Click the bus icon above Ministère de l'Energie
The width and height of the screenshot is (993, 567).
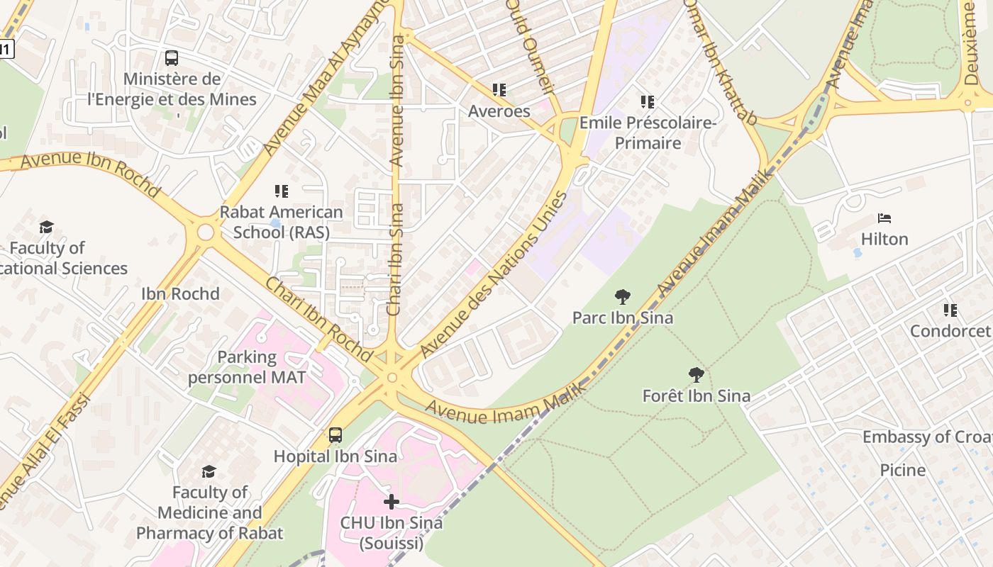point(171,58)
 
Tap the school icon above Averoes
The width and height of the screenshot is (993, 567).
point(499,90)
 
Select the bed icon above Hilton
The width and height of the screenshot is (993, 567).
point(884,218)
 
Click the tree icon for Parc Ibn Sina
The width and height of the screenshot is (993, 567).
point(623,297)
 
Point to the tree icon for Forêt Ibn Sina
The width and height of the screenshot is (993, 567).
point(697,375)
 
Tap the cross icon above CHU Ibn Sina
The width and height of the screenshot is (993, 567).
point(391,502)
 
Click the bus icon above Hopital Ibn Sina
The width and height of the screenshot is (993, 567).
point(335,435)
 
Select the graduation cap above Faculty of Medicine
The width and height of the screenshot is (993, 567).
point(209,471)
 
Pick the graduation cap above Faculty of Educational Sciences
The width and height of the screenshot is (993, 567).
point(47,227)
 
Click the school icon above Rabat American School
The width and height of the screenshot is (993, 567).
point(282,191)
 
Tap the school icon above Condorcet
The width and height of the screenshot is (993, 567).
point(950,310)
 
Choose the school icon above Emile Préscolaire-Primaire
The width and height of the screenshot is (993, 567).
point(648,102)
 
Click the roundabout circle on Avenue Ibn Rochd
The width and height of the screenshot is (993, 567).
point(206,232)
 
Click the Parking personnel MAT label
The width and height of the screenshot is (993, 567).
point(247,367)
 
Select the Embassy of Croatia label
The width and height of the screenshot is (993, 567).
point(926,437)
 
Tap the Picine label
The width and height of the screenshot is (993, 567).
point(902,470)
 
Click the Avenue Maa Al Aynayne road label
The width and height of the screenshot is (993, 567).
point(326,78)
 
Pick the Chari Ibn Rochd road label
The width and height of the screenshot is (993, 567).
point(318,318)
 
